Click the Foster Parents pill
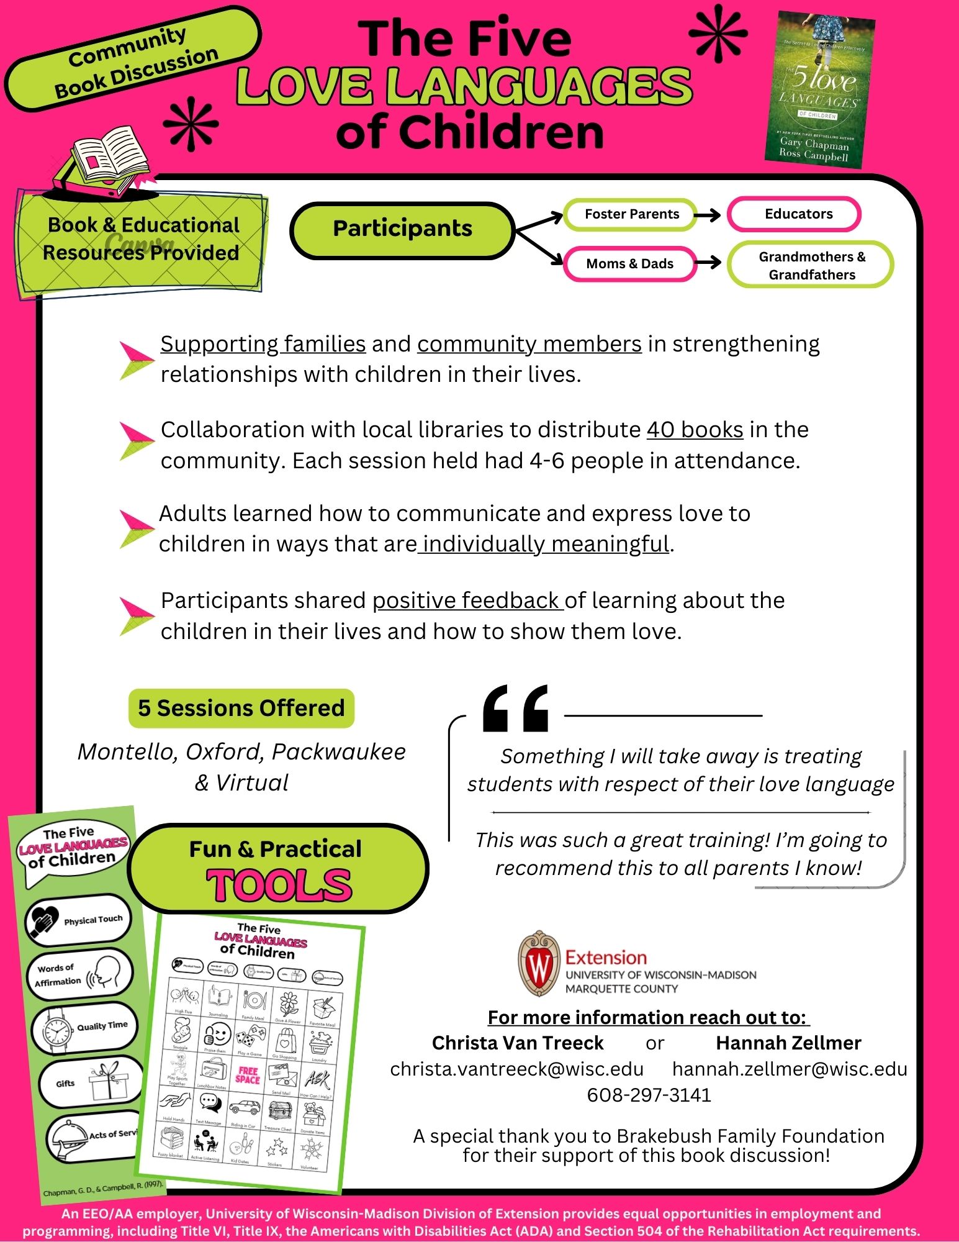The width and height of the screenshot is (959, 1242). click(x=631, y=214)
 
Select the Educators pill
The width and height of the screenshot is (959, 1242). click(x=794, y=214)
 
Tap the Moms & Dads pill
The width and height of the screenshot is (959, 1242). click(x=629, y=264)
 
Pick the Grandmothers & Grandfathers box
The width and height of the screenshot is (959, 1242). click(x=811, y=265)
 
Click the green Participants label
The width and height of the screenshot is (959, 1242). click(x=402, y=229)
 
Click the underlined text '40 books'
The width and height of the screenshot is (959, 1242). click(x=695, y=430)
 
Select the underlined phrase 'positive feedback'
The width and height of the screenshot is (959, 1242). click(x=467, y=601)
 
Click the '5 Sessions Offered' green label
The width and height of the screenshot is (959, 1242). click(x=241, y=709)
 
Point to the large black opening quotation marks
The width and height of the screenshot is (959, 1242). click(x=515, y=709)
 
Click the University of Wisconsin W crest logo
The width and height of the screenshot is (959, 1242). click(x=539, y=963)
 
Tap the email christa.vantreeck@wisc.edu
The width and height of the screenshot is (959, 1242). click(x=516, y=1069)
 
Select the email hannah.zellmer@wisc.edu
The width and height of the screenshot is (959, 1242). click(x=790, y=1069)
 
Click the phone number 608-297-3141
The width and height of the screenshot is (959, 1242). click(x=649, y=1095)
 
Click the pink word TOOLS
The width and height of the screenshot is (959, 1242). click(x=279, y=886)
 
